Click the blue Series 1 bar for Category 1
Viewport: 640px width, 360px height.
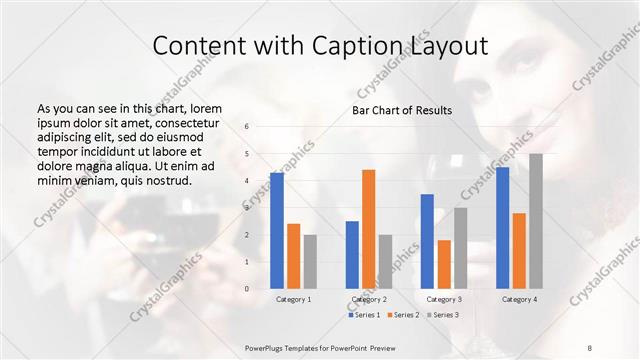(277, 230)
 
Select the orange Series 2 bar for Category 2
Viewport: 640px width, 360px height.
(369, 229)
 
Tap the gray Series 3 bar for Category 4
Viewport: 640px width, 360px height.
(536, 221)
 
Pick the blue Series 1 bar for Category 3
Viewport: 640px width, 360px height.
(427, 241)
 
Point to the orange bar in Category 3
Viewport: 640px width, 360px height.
(444, 264)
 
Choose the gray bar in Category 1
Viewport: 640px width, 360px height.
(310, 261)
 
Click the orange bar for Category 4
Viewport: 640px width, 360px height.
(519, 250)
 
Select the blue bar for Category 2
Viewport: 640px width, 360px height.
(352, 254)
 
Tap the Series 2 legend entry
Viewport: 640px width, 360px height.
(405, 315)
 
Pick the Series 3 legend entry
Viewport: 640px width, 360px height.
(446, 315)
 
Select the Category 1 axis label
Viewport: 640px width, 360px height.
(294, 299)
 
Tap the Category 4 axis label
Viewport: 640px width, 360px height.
(519, 299)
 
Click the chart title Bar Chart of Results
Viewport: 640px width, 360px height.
(402, 110)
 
